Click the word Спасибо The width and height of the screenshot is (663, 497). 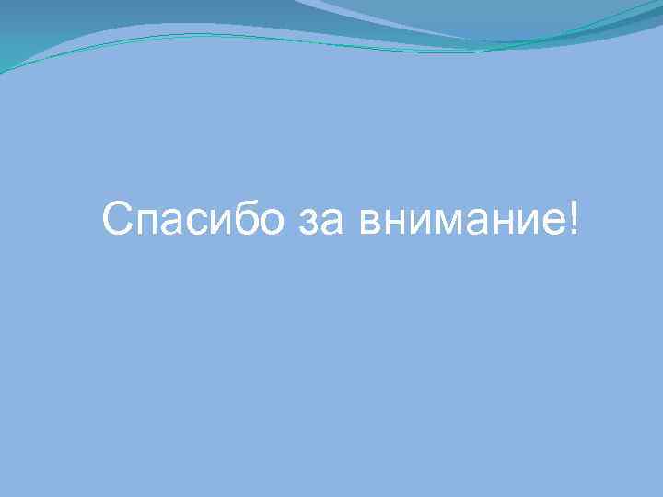click(193, 221)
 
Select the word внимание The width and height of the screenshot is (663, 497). click(459, 224)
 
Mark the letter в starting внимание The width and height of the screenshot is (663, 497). click(371, 225)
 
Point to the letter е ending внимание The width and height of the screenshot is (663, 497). click(554, 225)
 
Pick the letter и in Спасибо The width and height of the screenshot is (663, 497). click(218, 225)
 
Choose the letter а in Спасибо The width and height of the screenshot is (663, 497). click(175, 225)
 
